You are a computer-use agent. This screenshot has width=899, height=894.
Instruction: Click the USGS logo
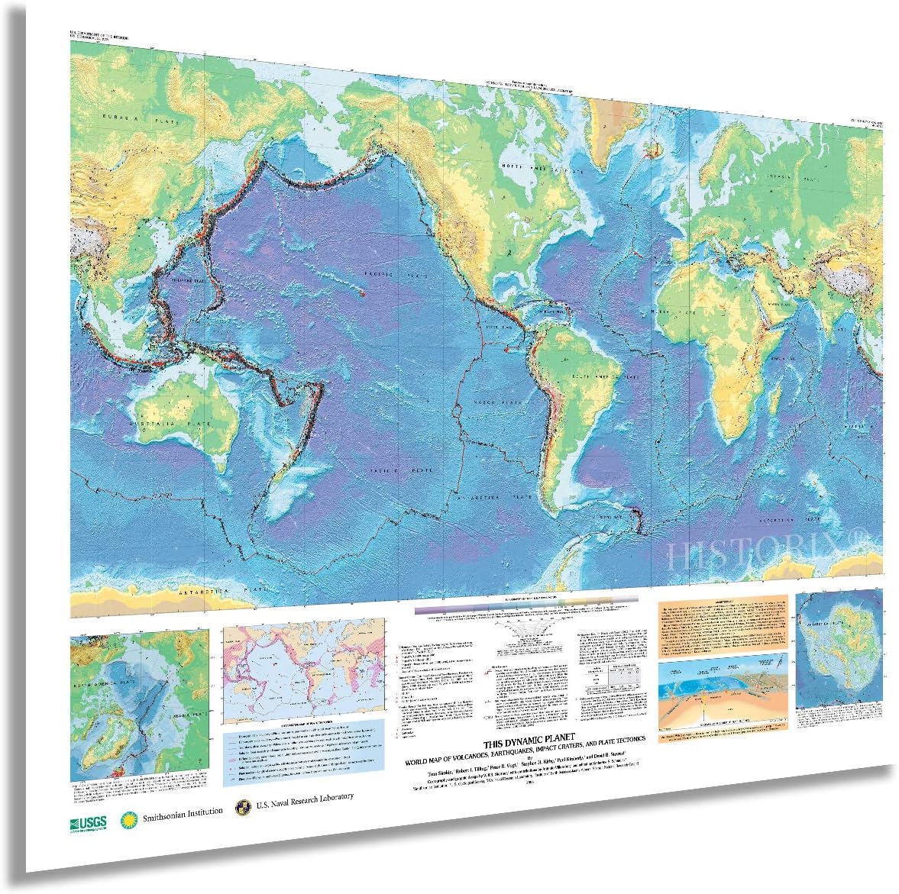86,822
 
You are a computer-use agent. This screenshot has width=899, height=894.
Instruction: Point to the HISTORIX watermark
771,553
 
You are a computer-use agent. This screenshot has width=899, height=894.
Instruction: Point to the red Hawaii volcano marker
364,294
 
